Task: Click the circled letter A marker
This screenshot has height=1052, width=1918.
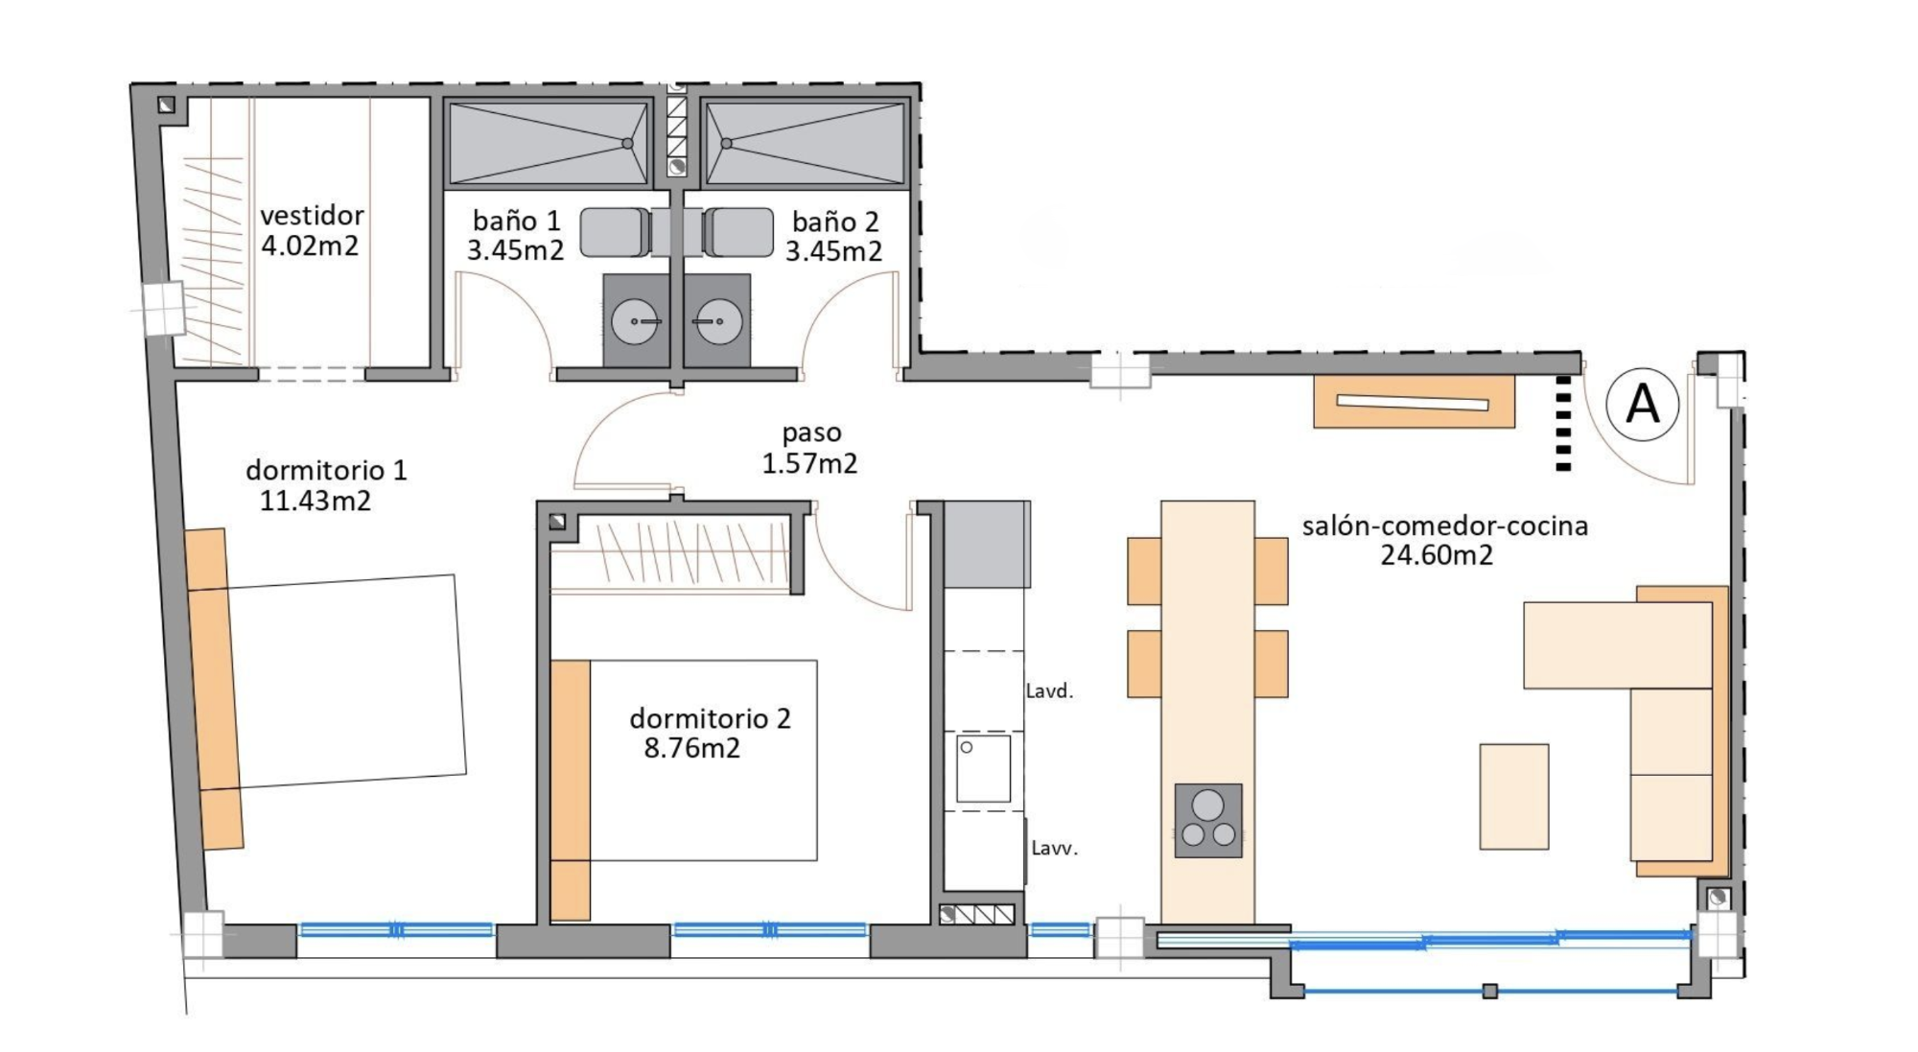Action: tap(1643, 404)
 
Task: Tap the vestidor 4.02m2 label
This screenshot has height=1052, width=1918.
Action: tap(312, 230)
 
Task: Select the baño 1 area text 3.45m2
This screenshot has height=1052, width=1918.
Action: tap(515, 250)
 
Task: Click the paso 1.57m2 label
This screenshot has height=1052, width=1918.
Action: tap(810, 448)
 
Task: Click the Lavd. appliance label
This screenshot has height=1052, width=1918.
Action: tap(1049, 690)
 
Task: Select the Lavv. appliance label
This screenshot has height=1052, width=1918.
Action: tap(1054, 848)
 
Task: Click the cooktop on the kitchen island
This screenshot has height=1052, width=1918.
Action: tap(1208, 821)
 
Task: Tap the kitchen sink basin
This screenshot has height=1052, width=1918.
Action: tap(983, 768)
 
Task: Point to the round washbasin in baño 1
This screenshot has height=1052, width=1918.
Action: tap(635, 321)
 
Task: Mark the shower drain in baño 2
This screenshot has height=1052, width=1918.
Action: tap(727, 144)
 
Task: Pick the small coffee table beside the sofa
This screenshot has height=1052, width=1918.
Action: tap(1514, 796)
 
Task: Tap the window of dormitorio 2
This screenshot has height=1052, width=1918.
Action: tap(770, 929)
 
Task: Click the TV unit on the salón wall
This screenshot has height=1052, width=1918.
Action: tap(1414, 402)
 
